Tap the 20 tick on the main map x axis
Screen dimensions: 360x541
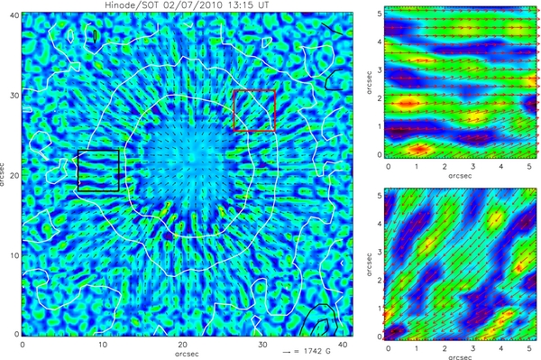[x=182, y=343]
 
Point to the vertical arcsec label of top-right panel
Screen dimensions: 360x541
[x=370, y=82]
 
